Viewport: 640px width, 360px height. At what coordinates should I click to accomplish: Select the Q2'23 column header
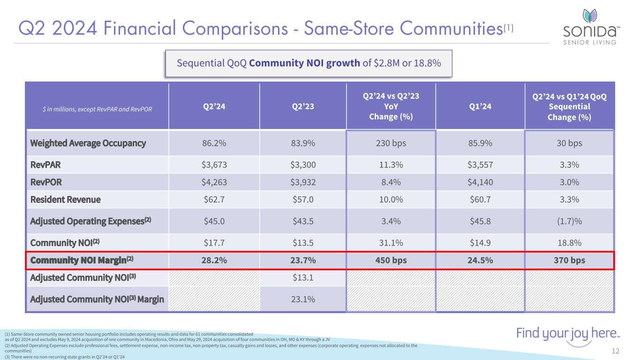point(302,106)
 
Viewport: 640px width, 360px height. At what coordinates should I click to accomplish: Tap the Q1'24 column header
point(480,106)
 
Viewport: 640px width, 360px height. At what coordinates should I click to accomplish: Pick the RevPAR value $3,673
point(214,164)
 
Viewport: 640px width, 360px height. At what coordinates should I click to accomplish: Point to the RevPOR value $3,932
point(302,182)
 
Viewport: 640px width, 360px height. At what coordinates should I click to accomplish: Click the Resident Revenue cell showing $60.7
point(480,200)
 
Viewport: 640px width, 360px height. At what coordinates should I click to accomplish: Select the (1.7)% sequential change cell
point(569,221)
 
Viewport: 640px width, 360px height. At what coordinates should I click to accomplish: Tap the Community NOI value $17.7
point(214,242)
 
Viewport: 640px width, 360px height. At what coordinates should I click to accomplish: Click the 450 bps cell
point(391,260)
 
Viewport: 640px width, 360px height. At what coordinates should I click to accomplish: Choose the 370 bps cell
point(569,260)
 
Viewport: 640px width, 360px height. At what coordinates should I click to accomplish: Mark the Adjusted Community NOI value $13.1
point(302,277)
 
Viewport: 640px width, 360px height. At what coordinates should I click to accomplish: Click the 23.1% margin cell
point(302,299)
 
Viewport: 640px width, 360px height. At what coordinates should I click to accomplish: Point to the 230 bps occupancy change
point(391,143)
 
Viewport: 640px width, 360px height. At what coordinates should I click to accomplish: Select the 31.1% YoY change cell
point(391,242)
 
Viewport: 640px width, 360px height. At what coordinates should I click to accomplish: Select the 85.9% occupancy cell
point(480,143)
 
